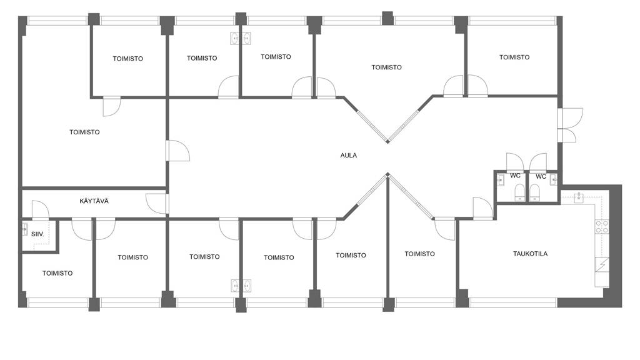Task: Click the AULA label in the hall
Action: [x=348, y=155]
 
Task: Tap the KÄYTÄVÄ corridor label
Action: [x=94, y=201]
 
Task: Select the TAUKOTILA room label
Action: [x=530, y=254]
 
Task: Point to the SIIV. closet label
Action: [x=37, y=234]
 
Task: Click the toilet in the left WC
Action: [x=519, y=192]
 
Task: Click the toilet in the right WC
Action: [x=534, y=192]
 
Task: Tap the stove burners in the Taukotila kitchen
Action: [x=602, y=227]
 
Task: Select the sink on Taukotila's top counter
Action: [x=579, y=198]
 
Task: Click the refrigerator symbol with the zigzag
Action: [x=602, y=264]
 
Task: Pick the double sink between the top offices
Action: [x=241, y=38]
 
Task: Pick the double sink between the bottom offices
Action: [x=241, y=286]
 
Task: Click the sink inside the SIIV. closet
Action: [x=25, y=230]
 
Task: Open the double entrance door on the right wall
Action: [x=570, y=125]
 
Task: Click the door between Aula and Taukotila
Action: [x=483, y=209]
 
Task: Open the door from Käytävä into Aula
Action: [x=157, y=203]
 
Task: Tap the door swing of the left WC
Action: [x=515, y=162]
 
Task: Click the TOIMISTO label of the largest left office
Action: [x=84, y=132]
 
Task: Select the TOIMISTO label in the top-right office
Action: [x=514, y=57]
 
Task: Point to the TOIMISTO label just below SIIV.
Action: [x=57, y=273]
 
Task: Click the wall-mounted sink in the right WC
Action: [x=553, y=179]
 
